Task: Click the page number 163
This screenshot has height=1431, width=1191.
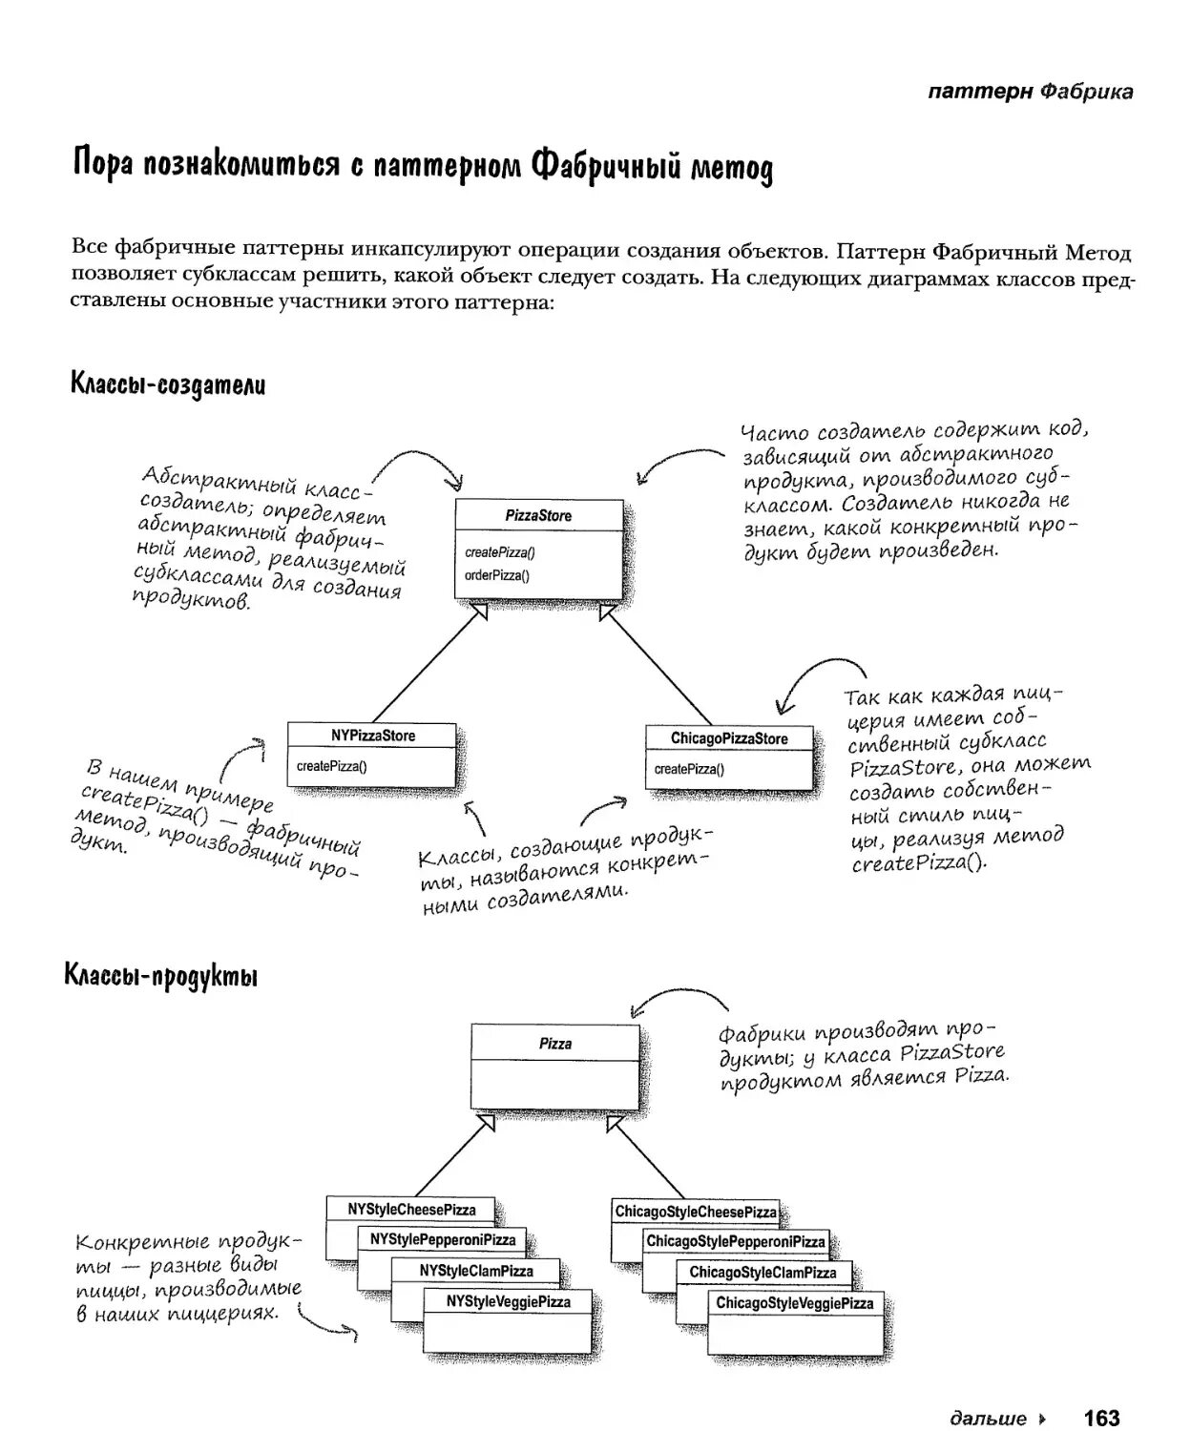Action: pos(1101,1418)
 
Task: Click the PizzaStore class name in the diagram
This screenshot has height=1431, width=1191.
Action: pos(538,516)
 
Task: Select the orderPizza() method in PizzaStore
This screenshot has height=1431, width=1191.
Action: pos(496,575)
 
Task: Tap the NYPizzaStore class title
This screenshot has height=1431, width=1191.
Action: pos(373,736)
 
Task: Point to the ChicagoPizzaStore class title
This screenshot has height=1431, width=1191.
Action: pos(729,738)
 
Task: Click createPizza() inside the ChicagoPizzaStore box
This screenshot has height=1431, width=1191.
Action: pos(689,769)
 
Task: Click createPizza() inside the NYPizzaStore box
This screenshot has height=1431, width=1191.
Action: pos(331,766)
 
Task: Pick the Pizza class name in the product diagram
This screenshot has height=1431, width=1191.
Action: pos(555,1044)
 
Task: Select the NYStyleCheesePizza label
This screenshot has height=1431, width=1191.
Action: pos(411,1210)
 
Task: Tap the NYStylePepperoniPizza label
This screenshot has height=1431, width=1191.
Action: pos(443,1240)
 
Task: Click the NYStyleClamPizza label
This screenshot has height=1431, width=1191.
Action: pos(476,1271)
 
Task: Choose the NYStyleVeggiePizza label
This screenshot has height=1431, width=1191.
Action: pos(509,1301)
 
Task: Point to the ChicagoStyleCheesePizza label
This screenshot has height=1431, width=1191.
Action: pos(696,1212)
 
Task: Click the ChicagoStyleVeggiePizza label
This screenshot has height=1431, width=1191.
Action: pos(795,1303)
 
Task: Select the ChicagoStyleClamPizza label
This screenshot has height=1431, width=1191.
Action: pos(763,1273)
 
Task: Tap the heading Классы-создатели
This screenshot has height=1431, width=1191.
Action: pos(168,385)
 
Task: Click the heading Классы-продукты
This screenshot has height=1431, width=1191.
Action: pos(161,976)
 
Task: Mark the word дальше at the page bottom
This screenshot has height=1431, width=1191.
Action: pos(989,1419)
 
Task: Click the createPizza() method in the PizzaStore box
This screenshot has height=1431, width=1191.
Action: pos(499,552)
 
